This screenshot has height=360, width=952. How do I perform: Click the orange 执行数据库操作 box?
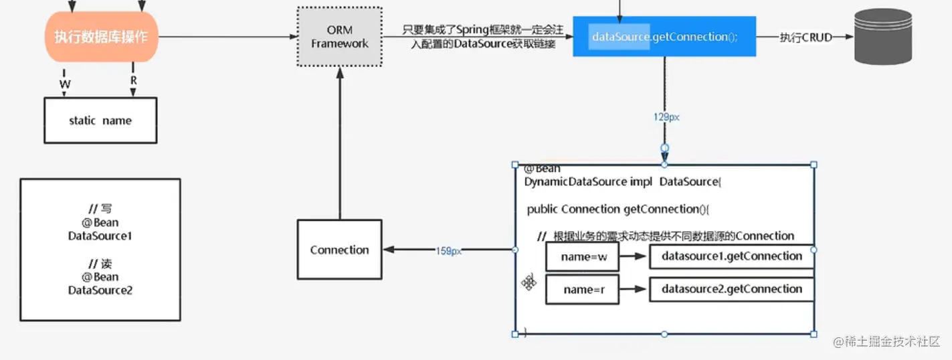(x=101, y=37)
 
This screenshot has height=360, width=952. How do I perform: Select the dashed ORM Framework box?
(x=339, y=37)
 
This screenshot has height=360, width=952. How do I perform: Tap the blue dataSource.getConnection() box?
(x=664, y=37)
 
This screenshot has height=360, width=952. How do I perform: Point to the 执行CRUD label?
(x=805, y=37)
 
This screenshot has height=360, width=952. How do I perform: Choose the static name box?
(x=100, y=120)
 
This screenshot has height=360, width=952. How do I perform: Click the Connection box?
(x=339, y=250)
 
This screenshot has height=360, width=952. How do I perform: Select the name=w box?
(x=582, y=256)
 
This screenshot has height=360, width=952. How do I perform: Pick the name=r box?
(x=582, y=289)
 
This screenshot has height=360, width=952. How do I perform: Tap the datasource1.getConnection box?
(x=731, y=256)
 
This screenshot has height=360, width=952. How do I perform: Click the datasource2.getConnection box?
(x=731, y=289)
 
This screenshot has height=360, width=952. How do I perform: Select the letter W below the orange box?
(x=65, y=84)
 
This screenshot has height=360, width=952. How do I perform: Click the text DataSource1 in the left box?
(x=100, y=236)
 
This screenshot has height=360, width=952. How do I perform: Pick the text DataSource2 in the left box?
(x=100, y=290)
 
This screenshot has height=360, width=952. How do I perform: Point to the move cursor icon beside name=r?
(x=529, y=283)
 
